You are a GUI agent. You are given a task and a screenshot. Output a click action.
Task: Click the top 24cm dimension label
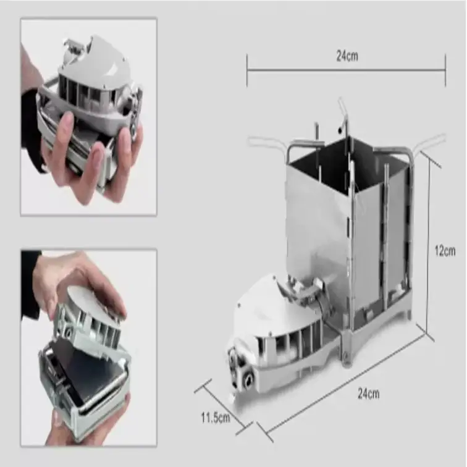point(347,56)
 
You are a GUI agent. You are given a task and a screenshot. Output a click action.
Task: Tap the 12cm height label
point(445,251)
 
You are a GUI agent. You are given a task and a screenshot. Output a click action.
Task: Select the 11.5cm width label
point(216,417)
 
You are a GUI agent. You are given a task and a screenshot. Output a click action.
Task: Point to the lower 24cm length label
point(368,393)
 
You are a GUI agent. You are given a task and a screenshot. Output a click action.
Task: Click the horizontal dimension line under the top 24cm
point(346,70)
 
